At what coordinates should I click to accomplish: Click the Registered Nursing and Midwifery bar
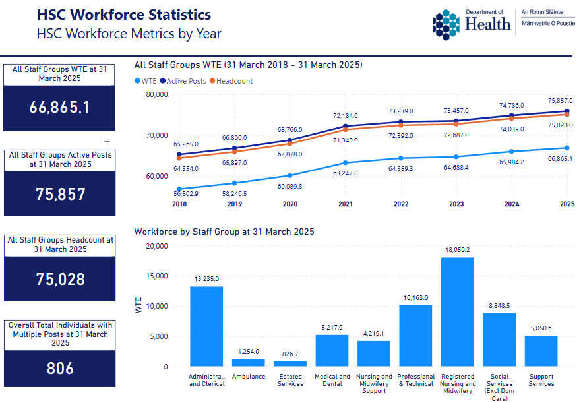point(457,312)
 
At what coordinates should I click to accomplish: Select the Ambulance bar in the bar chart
point(248,363)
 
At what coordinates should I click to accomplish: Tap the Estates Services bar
point(290,364)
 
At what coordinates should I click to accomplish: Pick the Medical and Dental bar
point(332,350)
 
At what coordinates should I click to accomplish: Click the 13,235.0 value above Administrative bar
point(206,279)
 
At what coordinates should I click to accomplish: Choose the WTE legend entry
point(148,81)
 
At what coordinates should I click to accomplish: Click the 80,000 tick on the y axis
point(157,94)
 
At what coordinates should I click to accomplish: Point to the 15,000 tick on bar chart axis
point(157,276)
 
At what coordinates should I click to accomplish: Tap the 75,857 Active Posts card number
point(59,194)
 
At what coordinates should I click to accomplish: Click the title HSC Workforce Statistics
point(124,15)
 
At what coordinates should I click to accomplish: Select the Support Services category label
point(541,380)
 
